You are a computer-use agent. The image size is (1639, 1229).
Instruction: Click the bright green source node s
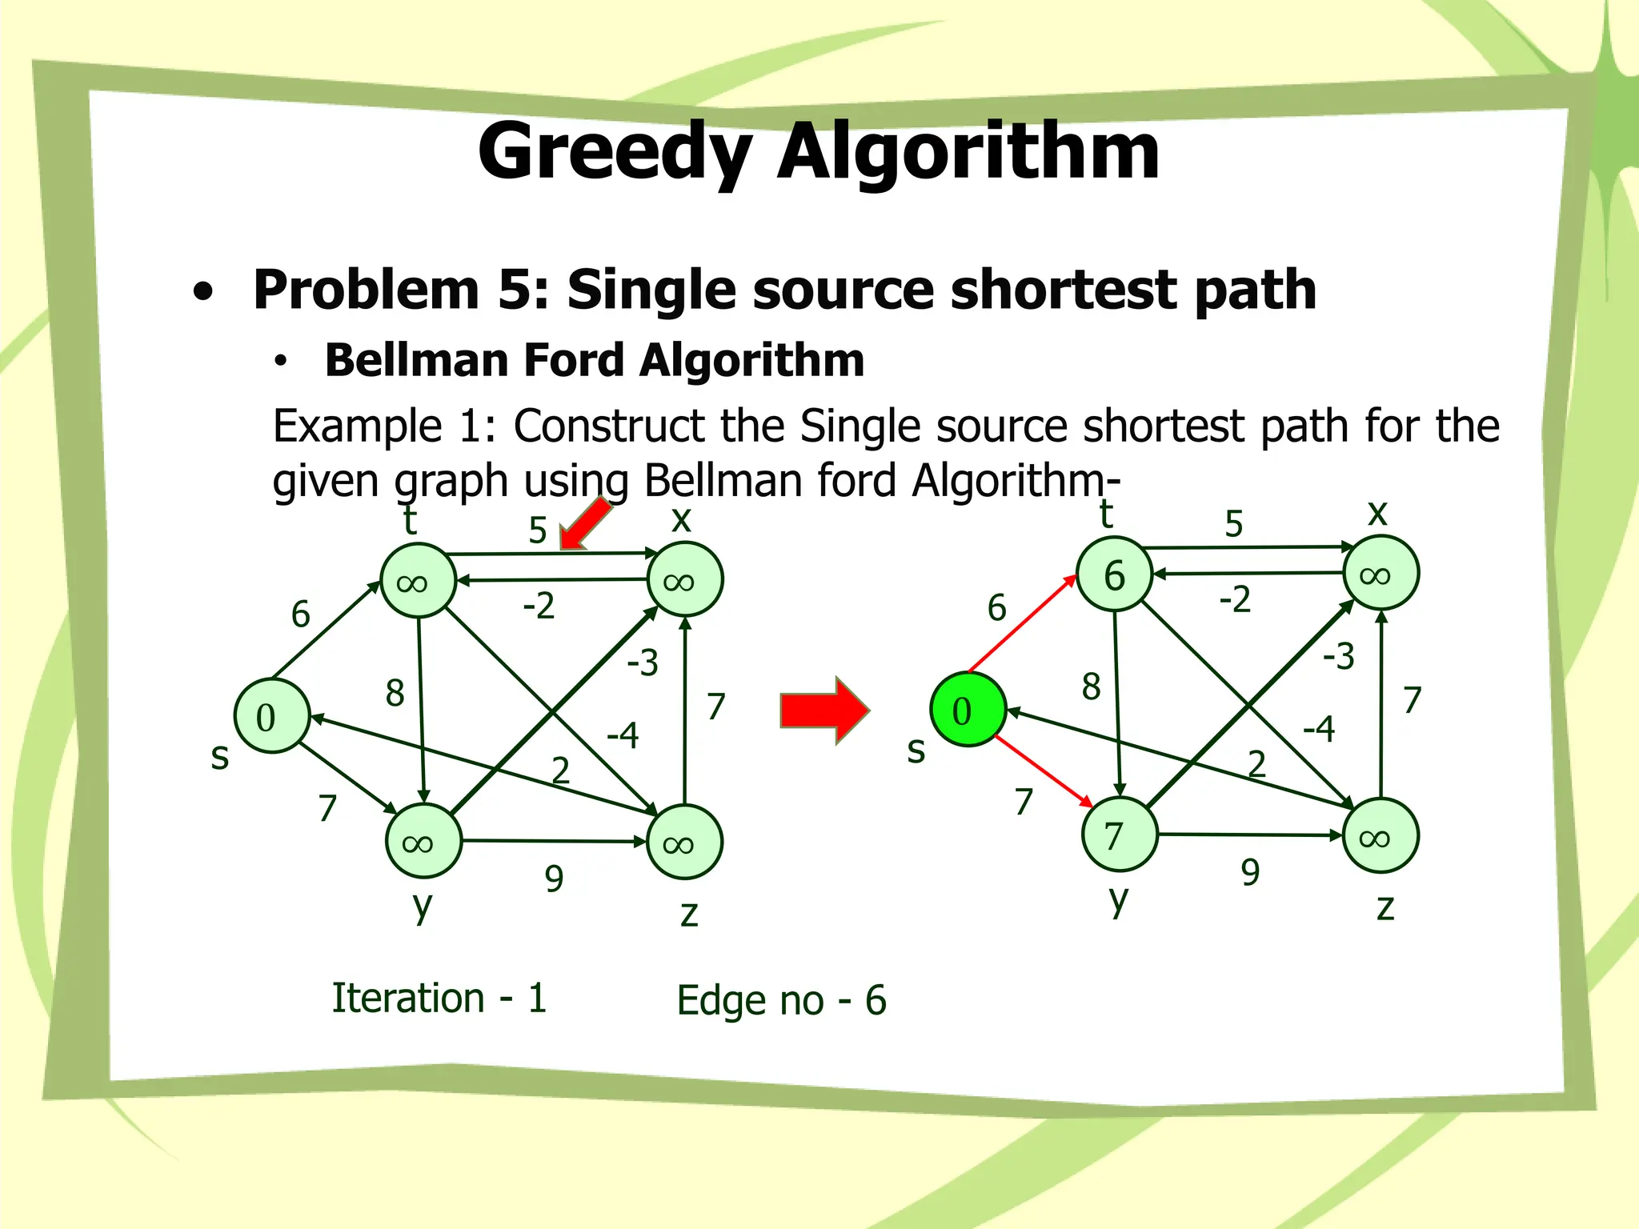click(968, 710)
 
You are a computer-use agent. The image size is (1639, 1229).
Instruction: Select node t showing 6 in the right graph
click(1114, 574)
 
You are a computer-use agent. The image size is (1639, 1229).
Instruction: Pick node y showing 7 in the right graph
click(1119, 835)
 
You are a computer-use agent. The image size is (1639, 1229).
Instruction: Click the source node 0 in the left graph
click(271, 716)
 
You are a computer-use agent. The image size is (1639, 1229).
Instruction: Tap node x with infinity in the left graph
click(684, 580)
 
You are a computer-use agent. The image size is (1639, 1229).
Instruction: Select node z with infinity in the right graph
click(1380, 836)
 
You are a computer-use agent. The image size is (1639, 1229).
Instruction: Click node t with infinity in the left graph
click(418, 581)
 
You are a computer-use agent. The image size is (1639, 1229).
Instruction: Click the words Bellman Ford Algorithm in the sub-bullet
click(595, 360)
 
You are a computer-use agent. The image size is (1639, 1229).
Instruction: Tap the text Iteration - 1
click(439, 998)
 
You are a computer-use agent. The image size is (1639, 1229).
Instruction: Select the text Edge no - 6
click(781, 1000)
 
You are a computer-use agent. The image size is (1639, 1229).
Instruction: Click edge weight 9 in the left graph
click(554, 879)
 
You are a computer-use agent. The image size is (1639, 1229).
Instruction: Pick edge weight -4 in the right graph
click(1318, 729)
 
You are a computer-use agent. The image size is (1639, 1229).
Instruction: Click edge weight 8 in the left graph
click(395, 693)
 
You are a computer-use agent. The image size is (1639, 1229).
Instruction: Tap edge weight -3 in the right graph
click(1338, 657)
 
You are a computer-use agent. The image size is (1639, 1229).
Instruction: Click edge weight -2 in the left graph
click(538, 606)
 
